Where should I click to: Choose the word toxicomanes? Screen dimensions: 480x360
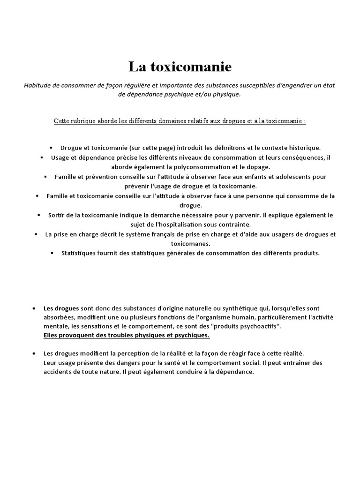click(184, 244)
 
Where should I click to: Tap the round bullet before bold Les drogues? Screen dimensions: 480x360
click(35, 308)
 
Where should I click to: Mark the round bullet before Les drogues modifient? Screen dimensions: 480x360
click(35, 353)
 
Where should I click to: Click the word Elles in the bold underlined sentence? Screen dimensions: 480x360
click(52, 336)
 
